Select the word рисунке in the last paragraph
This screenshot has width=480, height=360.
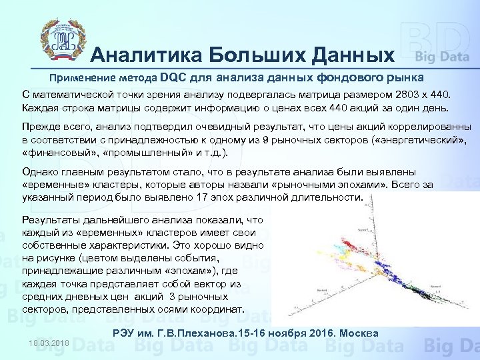click(61, 256)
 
